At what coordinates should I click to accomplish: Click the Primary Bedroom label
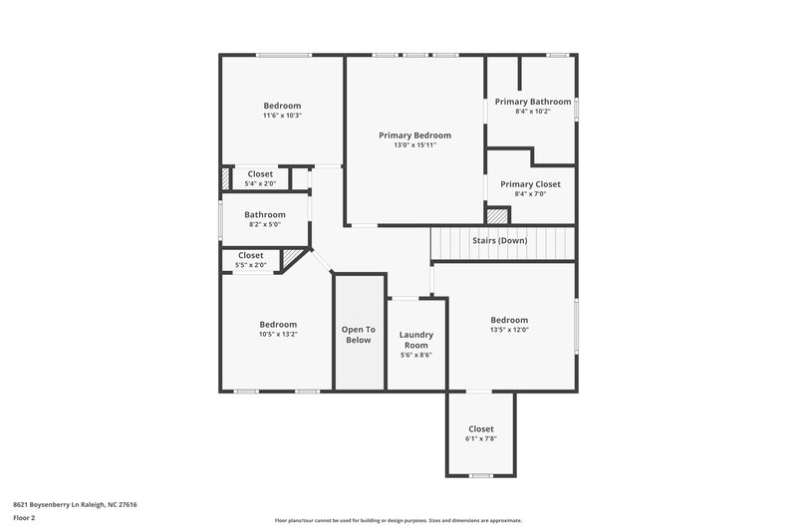point(414,135)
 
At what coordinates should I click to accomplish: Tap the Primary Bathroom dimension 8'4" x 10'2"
point(533,112)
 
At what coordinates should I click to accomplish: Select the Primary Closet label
point(530,184)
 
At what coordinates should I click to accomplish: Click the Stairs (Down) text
point(499,241)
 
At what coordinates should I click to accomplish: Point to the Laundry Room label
point(415,340)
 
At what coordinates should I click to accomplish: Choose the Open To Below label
point(358,335)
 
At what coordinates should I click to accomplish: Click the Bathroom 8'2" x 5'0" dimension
point(265,224)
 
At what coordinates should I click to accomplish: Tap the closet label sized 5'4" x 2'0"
point(260,174)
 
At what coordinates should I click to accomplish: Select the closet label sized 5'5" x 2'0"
point(251,256)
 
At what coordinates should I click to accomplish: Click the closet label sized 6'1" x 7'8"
point(480,428)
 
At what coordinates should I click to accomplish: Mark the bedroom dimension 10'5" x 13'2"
point(278,335)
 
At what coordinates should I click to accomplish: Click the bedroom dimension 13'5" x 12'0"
point(509,330)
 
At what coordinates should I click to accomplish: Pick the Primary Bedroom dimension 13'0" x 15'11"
point(414,145)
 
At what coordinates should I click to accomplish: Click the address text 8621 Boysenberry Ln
point(75,504)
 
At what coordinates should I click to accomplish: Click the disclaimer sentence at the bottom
point(398,520)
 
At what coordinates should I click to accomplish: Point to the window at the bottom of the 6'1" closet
point(480,475)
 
